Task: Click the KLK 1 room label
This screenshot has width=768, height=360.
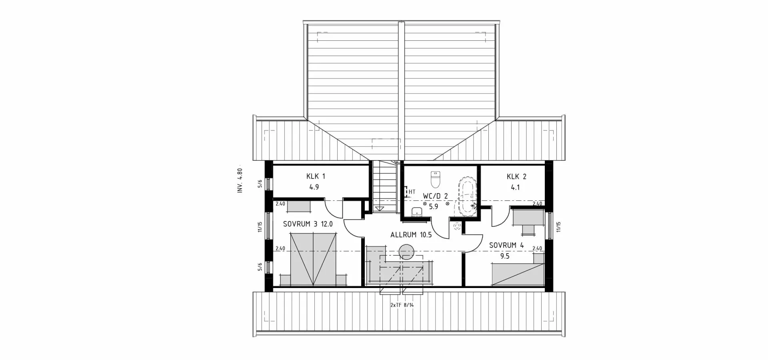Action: coord(316,176)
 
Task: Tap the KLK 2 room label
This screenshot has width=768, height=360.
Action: coord(516,176)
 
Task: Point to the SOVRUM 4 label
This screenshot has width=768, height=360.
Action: coord(506,245)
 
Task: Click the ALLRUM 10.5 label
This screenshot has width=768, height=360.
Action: coord(411,235)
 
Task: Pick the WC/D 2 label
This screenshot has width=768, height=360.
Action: coord(435,196)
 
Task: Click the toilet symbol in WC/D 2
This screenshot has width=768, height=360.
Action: coord(435,180)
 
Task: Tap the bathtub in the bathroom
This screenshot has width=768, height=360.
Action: coord(467,196)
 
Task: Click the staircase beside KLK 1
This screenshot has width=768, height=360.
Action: coord(384,186)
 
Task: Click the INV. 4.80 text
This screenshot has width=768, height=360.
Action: coord(240,180)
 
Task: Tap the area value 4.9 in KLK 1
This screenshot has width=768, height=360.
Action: coord(314,187)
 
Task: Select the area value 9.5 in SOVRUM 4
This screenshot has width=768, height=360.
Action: coord(505,256)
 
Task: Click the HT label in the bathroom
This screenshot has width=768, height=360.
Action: coord(412,192)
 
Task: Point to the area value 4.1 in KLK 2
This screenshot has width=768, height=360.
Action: coord(515,187)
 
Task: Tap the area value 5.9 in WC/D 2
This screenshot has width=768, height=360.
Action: coord(434,207)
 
